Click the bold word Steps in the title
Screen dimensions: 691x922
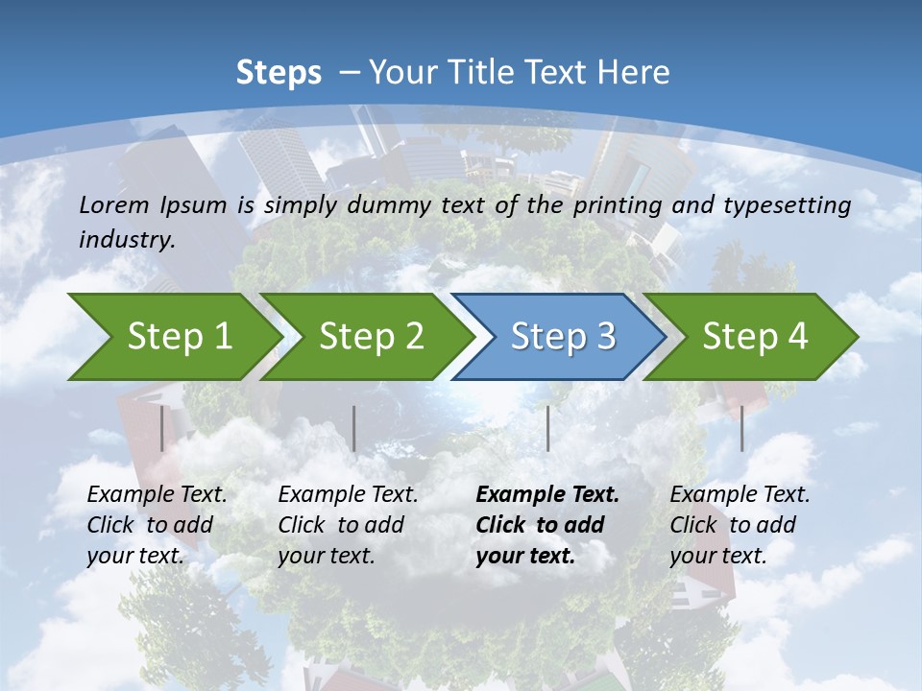click(x=279, y=72)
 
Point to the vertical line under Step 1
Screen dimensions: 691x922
click(x=162, y=428)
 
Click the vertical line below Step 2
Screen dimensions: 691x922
click(x=354, y=428)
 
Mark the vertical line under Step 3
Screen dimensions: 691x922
click(x=547, y=428)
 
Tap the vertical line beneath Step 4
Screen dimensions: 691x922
click(x=741, y=428)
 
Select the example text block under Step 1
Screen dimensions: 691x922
click(x=157, y=524)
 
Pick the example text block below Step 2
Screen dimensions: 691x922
click(x=348, y=524)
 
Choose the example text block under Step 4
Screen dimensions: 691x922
click(x=740, y=524)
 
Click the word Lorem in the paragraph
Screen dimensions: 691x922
click(x=114, y=204)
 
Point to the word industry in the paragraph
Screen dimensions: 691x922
click(x=127, y=240)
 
